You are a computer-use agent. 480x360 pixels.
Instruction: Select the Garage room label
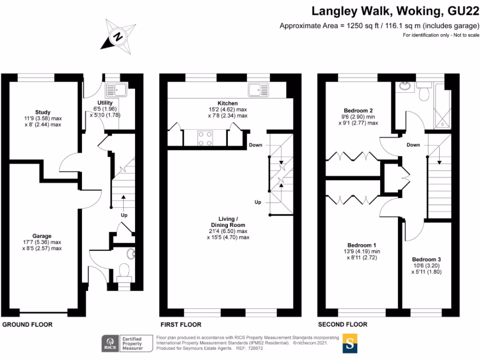[42, 236]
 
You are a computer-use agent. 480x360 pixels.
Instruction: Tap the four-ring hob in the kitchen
[204, 138]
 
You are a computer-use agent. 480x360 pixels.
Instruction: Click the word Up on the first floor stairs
[257, 202]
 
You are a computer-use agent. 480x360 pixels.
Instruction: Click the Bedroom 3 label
[427, 260]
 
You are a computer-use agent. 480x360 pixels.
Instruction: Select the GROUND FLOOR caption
[27, 324]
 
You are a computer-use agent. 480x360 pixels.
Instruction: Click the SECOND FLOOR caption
[343, 324]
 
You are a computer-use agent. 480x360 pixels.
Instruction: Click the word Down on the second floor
[413, 145]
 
